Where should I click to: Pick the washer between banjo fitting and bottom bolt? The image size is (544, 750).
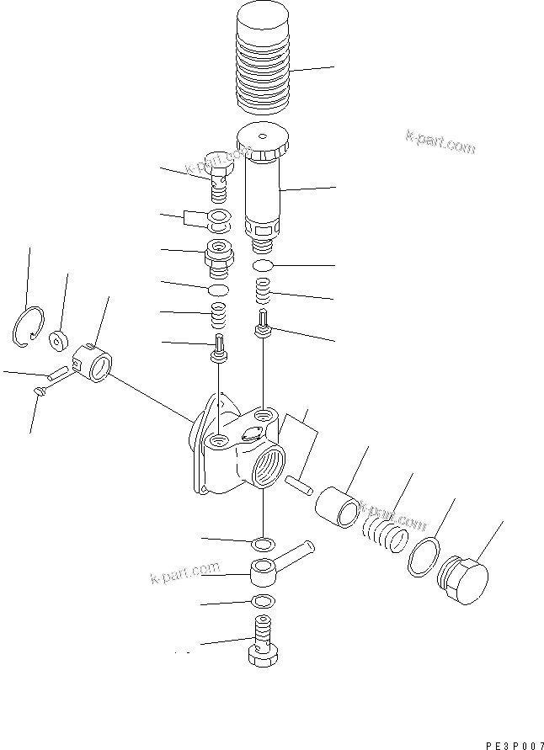[x=263, y=601]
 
